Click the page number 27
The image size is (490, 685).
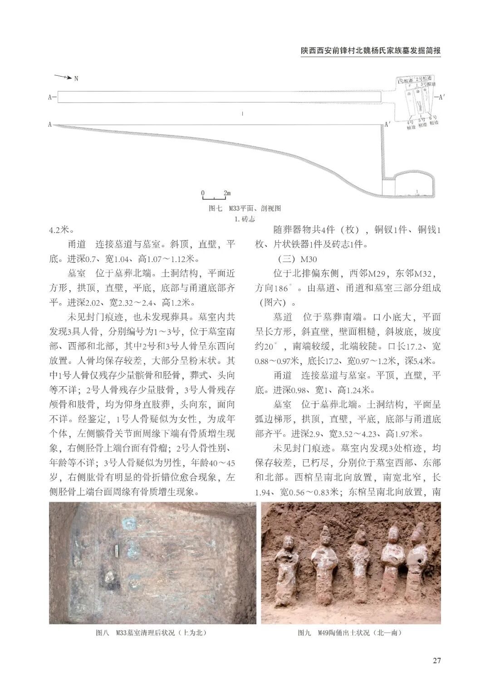pos(436,660)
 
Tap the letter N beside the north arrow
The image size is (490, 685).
pos(76,78)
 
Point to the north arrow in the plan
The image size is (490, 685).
pos(63,77)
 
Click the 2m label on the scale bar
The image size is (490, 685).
pos(227,193)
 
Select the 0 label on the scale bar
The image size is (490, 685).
pos(203,193)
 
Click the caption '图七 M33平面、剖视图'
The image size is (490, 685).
pos(245,208)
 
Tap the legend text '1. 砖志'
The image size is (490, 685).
pos(244,219)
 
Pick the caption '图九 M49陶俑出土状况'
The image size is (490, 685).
pos(349,632)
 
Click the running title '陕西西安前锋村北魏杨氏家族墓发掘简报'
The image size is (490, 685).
pos(371,51)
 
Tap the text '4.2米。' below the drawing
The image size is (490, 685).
pos(61,229)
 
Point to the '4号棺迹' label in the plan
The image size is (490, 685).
pos(411,125)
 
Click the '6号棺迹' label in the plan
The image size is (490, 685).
pos(434,120)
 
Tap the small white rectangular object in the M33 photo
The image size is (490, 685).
pos(117,550)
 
